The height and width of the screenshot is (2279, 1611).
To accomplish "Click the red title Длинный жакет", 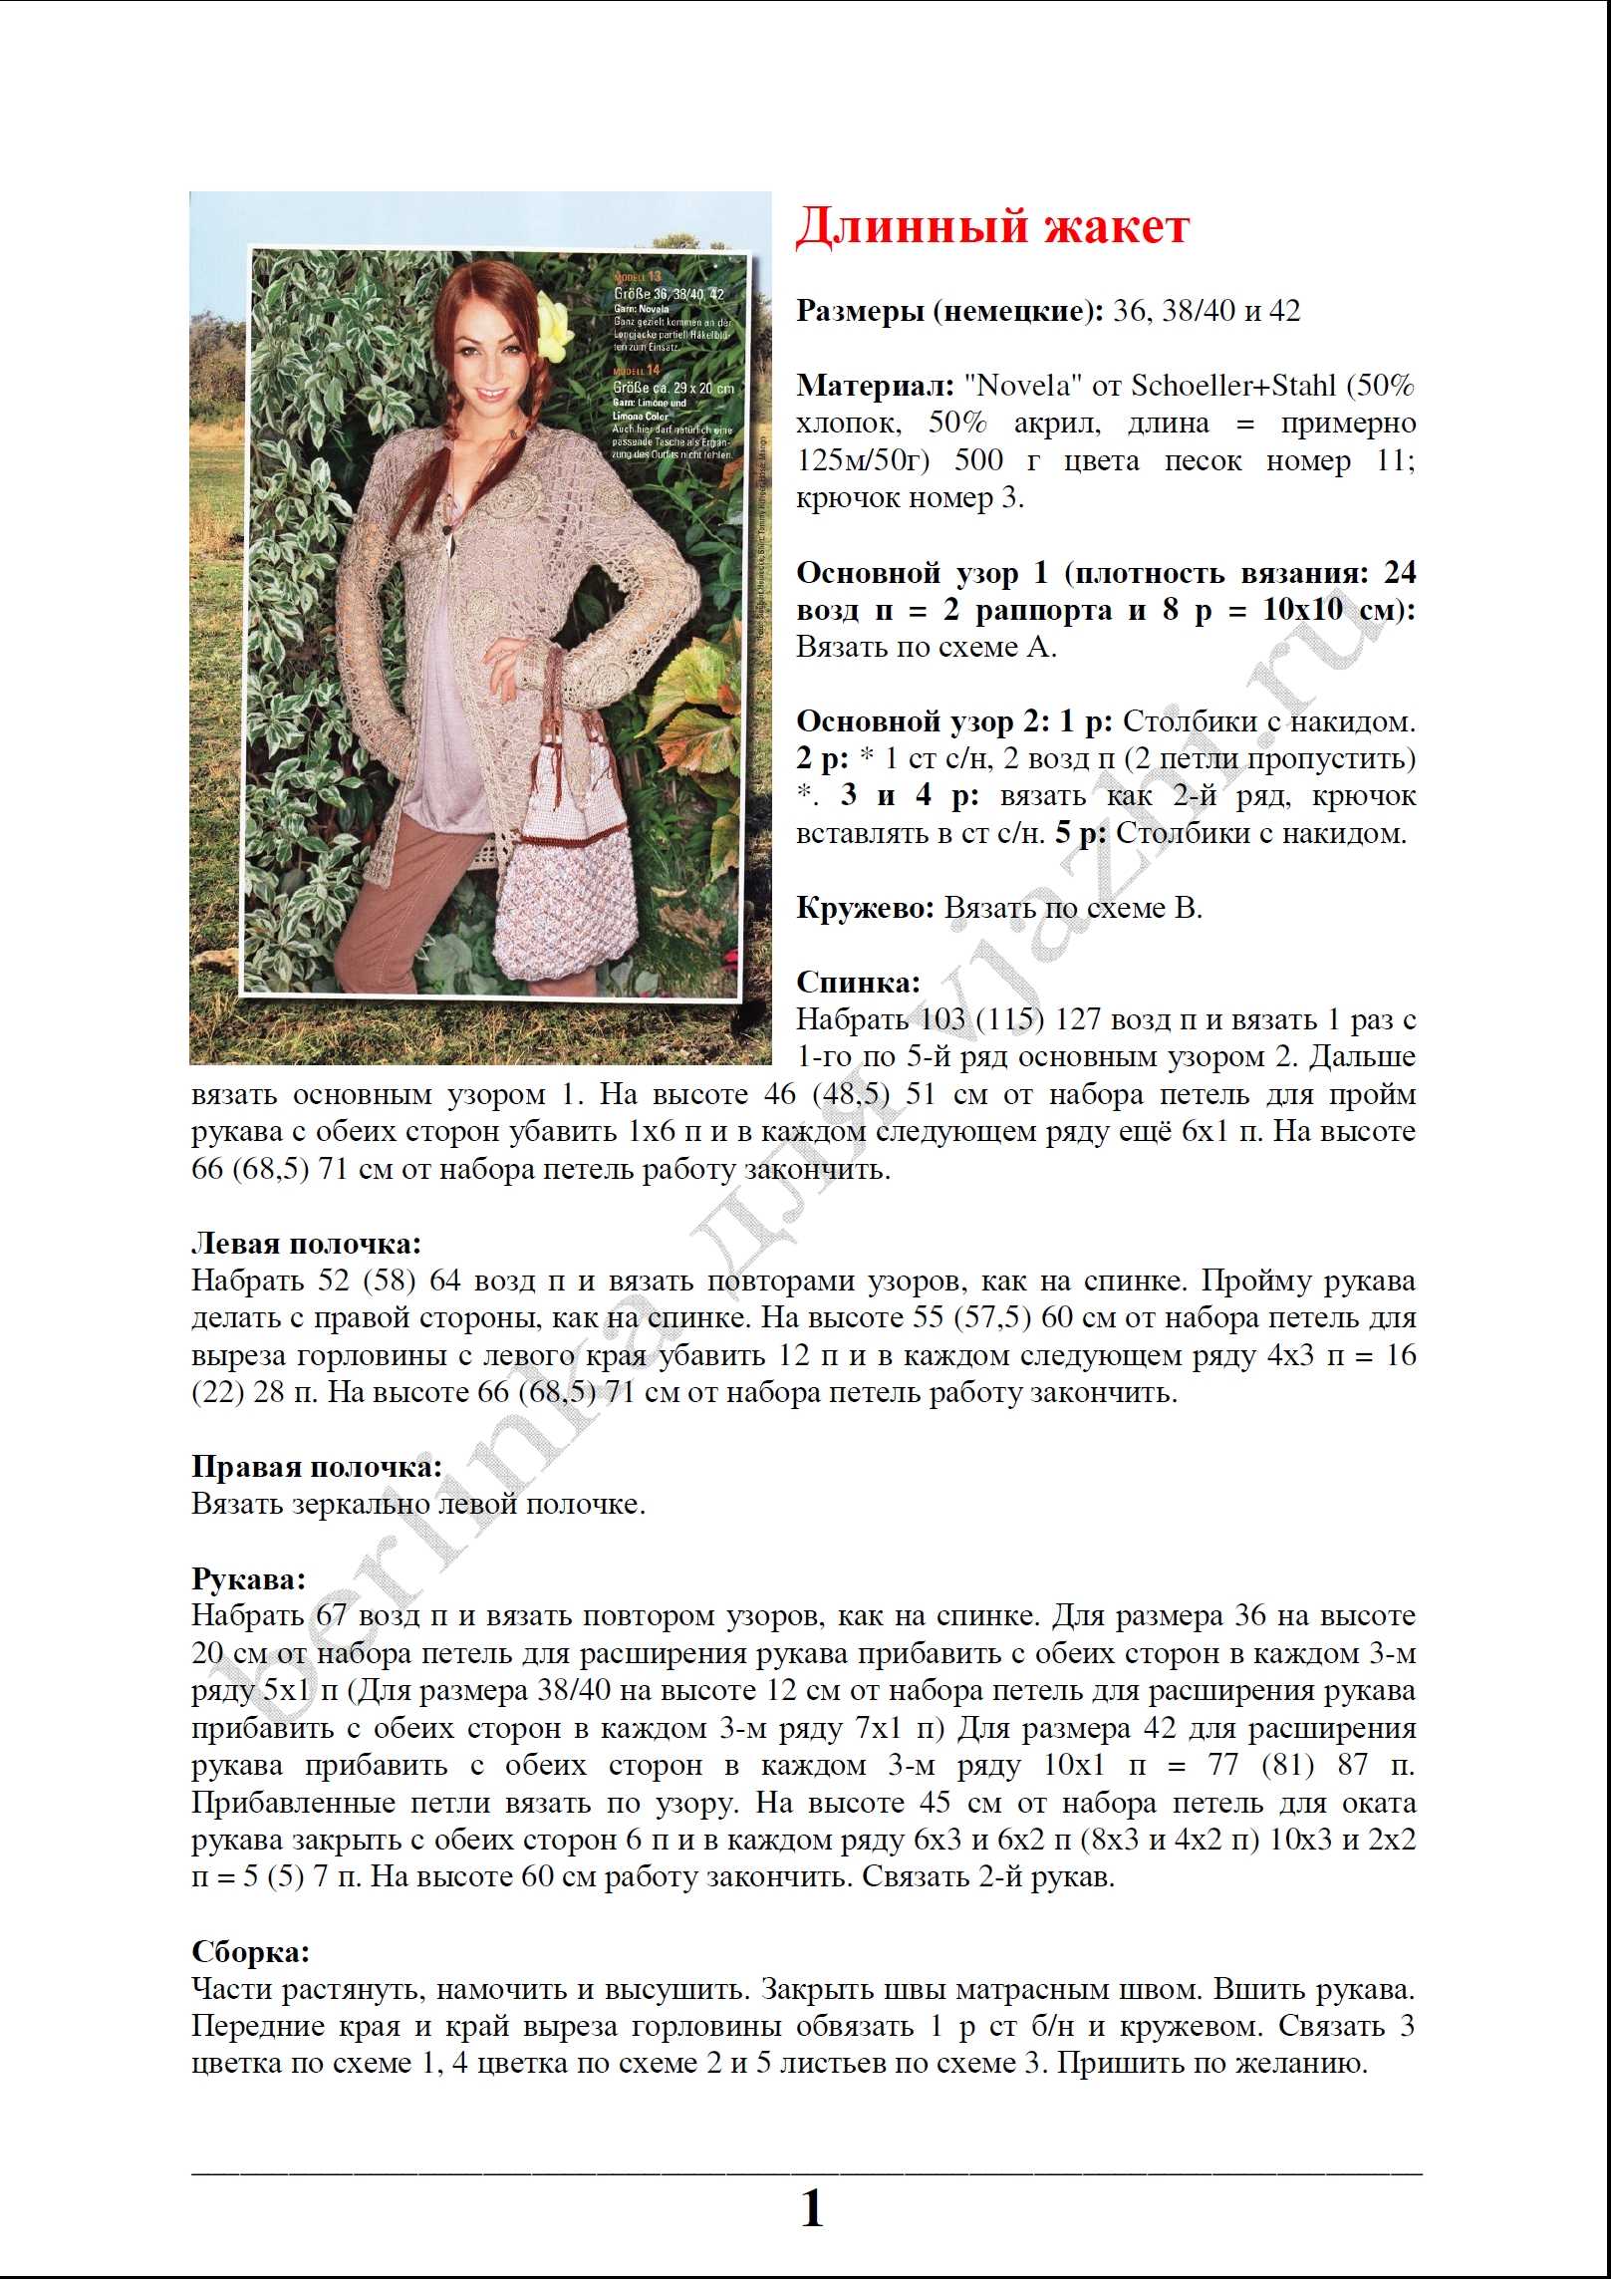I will pyautogui.click(x=992, y=226).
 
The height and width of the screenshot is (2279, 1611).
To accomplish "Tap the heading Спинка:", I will pyautogui.click(x=858, y=983).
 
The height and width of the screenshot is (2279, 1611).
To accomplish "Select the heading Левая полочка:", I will pyautogui.click(x=306, y=1244).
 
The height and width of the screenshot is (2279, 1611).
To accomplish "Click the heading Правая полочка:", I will pyautogui.click(x=317, y=1467).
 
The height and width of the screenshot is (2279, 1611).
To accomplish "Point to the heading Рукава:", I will pyautogui.click(x=248, y=1579).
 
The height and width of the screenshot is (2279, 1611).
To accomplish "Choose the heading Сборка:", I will pyautogui.click(x=250, y=1952).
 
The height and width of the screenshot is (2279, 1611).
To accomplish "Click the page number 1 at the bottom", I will pyautogui.click(x=812, y=2209).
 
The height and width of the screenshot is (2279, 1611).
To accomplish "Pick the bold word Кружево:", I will pyautogui.click(x=865, y=908).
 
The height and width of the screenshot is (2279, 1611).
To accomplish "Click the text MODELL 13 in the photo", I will pyautogui.click(x=637, y=276).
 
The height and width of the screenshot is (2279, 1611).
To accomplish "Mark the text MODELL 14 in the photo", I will pyautogui.click(x=637, y=370).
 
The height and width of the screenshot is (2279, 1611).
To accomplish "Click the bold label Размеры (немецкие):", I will pyautogui.click(x=949, y=311).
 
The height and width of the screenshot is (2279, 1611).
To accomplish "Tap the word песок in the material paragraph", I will pyautogui.click(x=1203, y=460).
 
